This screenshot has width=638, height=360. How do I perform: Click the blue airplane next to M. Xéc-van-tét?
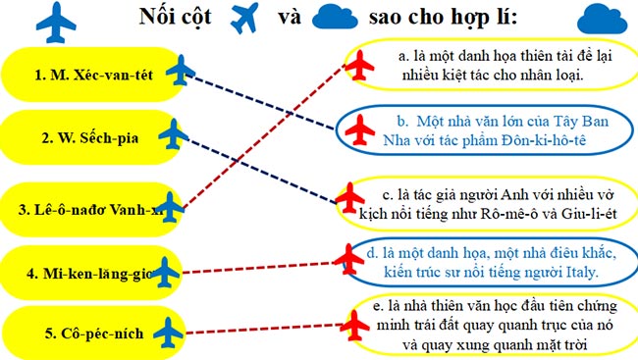coord(181,71)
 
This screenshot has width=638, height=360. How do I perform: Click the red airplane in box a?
coord(362,64)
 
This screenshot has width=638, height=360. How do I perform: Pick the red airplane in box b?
coord(362,128)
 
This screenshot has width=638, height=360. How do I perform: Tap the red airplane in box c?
coord(349,196)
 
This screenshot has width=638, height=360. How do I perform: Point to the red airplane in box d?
coord(347,257)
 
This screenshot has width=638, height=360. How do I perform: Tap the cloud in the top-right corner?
coord(602,19)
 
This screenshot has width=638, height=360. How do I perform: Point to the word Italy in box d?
coord(576,270)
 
